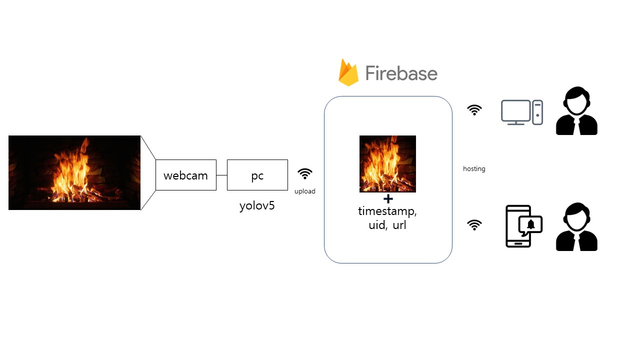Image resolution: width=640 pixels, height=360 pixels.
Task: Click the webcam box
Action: (x=185, y=175)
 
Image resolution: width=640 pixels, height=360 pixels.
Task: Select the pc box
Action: (x=257, y=175)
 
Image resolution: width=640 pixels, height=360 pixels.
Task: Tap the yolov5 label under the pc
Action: (x=257, y=205)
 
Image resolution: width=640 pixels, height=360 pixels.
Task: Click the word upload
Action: (x=304, y=191)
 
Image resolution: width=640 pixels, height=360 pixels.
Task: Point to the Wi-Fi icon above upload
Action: (x=305, y=173)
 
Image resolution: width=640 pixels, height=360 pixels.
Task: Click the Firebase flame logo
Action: (x=348, y=73)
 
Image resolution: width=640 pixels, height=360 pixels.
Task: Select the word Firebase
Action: (x=401, y=73)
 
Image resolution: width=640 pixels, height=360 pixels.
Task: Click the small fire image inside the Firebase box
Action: (x=387, y=163)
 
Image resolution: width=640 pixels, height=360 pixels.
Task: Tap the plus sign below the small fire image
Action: (x=388, y=199)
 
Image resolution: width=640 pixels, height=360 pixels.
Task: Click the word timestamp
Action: (x=387, y=211)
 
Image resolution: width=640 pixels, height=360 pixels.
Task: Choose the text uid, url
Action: (x=387, y=225)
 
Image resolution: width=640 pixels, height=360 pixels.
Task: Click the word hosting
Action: (x=474, y=169)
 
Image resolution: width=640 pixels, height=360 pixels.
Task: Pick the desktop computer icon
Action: (x=521, y=112)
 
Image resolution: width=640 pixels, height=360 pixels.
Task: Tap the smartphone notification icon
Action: (x=523, y=226)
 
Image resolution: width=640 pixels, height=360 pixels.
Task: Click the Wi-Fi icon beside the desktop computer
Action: (x=474, y=110)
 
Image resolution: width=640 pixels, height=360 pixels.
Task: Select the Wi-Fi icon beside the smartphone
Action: (x=474, y=225)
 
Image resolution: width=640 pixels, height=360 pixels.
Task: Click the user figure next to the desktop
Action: (x=576, y=111)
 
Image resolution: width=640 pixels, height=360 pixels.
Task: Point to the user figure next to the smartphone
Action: (x=576, y=227)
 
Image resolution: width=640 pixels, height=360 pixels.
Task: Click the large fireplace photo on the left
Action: (x=74, y=172)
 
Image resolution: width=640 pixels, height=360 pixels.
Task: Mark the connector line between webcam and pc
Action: (x=221, y=175)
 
